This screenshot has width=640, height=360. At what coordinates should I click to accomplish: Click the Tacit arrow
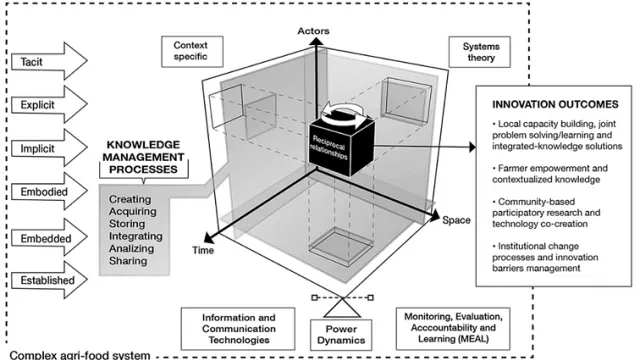pyautogui.click(x=49, y=61)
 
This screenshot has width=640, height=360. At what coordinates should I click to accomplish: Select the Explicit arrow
pyautogui.click(x=49, y=104)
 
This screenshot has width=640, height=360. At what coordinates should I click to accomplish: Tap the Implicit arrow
pyautogui.click(x=49, y=148)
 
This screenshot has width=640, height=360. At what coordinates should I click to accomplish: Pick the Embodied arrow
pyautogui.click(x=49, y=191)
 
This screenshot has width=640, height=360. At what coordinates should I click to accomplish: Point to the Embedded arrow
pyautogui.click(x=49, y=238)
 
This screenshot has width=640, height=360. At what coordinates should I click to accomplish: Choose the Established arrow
pyautogui.click(x=49, y=280)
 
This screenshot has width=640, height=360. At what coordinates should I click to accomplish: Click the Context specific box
pyautogui.click(x=192, y=51)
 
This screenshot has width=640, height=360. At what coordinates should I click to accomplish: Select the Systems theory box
pyautogui.click(x=480, y=52)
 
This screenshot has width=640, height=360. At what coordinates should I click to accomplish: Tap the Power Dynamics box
pyautogui.click(x=341, y=335)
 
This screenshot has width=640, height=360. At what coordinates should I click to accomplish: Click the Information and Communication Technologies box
pyautogui.click(x=238, y=329)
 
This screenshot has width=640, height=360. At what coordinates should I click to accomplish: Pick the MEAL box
pyautogui.click(x=453, y=328)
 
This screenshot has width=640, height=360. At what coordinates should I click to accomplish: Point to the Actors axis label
pyautogui.click(x=313, y=31)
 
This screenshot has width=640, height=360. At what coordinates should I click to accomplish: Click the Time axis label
pyautogui.click(x=203, y=250)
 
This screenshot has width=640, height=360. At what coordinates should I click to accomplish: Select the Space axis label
pyautogui.click(x=456, y=220)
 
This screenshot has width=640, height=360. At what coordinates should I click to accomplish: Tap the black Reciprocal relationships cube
pyautogui.click(x=341, y=144)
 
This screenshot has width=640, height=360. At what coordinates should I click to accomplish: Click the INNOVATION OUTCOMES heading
pyautogui.click(x=555, y=104)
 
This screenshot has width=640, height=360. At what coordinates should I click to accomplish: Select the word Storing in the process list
pyautogui.click(x=127, y=224)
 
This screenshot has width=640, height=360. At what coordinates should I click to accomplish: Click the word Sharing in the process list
pyautogui.click(x=128, y=261)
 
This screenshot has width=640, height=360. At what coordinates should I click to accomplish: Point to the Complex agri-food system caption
pyautogui.click(x=80, y=355)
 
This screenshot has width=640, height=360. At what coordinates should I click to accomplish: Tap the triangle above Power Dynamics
pyautogui.click(x=342, y=309)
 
